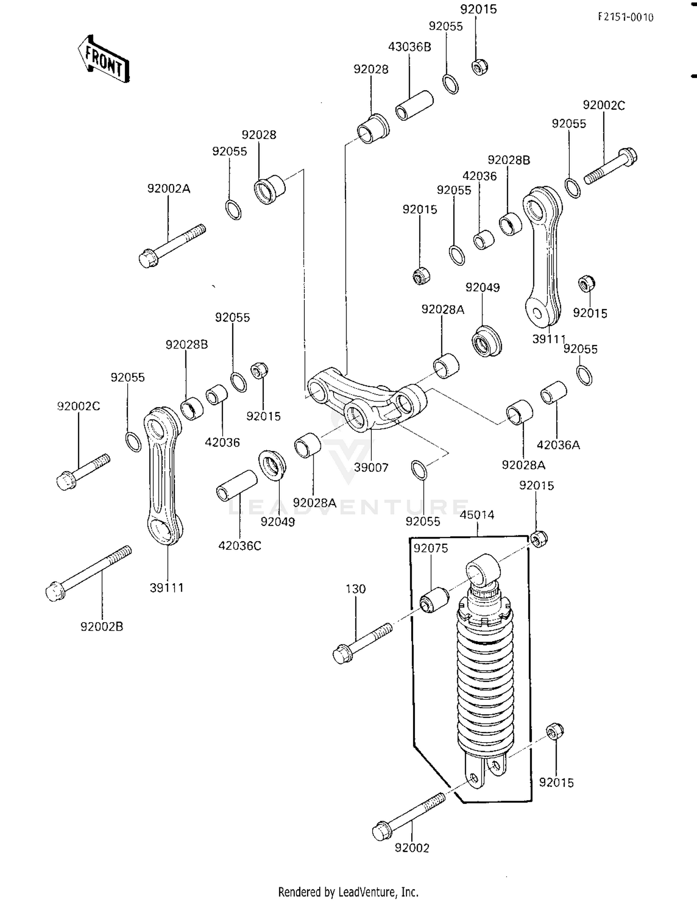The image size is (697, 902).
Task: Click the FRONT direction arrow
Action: click(103, 59)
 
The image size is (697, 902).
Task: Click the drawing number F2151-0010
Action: click(625, 17)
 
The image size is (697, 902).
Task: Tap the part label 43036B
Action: click(409, 46)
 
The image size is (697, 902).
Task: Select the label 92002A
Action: click(169, 189)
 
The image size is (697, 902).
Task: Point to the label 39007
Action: click(371, 467)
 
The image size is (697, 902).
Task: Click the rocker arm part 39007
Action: click(367, 400)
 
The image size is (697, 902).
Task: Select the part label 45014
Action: click(477, 515)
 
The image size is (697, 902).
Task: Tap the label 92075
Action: click(431, 548)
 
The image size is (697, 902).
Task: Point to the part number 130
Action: click(355, 589)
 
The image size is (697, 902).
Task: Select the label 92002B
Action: click(102, 626)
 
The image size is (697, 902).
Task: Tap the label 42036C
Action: click(240, 546)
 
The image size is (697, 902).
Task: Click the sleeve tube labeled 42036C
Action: click(237, 485)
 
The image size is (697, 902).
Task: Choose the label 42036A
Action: click(558, 445)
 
